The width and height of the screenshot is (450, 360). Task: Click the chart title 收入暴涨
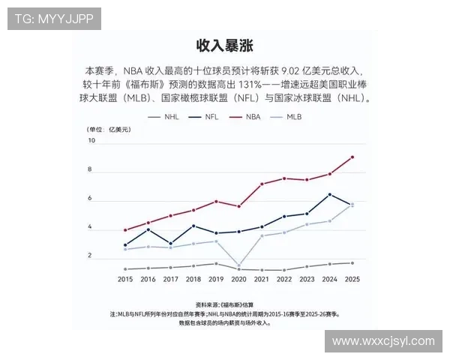pos(224,44)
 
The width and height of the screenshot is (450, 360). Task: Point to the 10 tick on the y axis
pos(92,141)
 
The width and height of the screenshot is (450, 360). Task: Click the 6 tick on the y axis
pos(91,199)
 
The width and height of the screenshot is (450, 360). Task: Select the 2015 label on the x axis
pos(125,279)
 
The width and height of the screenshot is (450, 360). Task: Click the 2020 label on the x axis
pos(239,279)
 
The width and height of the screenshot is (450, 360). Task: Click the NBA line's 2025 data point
pos(352,157)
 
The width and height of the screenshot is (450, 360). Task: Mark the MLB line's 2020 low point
pos(239,265)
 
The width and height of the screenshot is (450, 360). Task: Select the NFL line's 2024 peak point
pos(330,194)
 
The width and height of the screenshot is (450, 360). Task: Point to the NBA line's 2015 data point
pos(125,230)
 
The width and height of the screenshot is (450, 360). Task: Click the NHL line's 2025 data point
pos(352,262)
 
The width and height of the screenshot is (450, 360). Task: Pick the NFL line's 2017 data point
pos(171,244)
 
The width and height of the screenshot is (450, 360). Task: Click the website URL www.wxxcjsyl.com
pos(383,341)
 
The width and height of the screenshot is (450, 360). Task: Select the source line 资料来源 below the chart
pos(225,305)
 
